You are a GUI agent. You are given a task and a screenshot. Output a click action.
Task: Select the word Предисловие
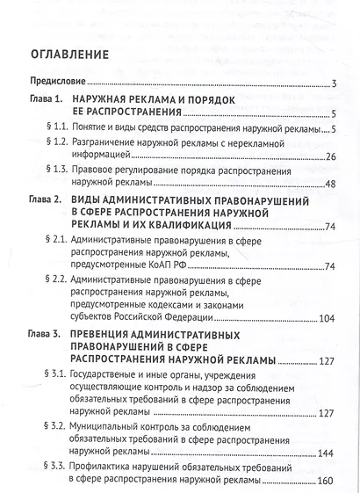pyautogui.click(x=54, y=83)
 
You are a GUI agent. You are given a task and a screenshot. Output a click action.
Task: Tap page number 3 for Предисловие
pyautogui.click(x=336, y=83)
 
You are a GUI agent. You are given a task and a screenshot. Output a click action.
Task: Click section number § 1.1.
pyautogui.click(x=55, y=130)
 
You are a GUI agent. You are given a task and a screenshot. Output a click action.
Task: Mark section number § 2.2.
pyautogui.click(x=55, y=279)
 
